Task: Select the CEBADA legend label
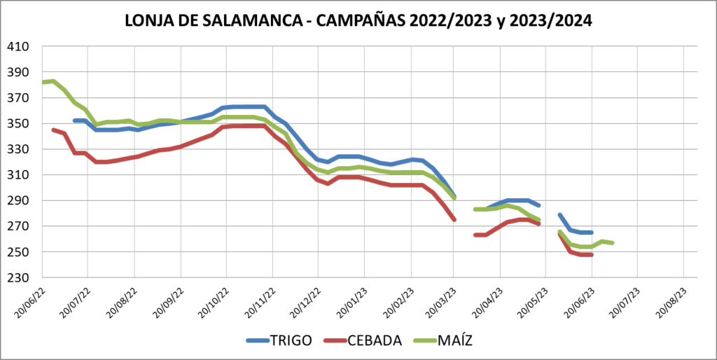coord(377,341)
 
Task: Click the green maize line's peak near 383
coord(53,81)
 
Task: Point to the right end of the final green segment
coord(613,243)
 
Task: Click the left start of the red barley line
coord(53,130)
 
